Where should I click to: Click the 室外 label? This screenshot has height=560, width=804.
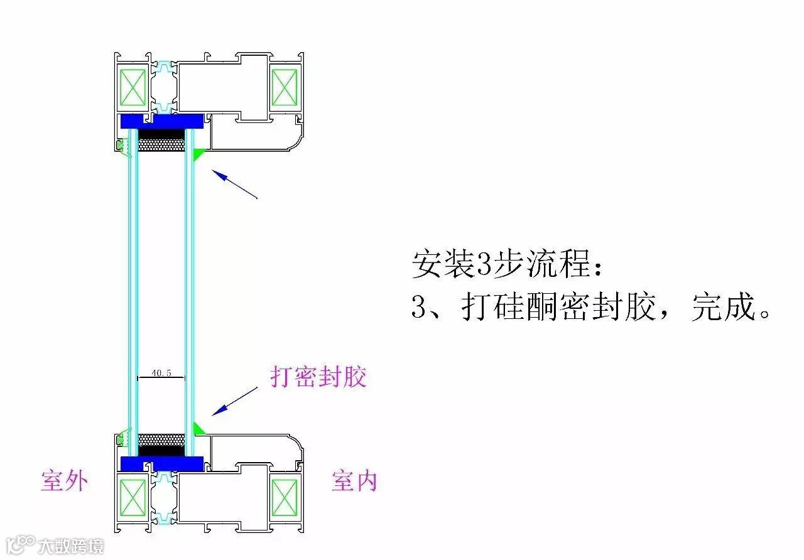point(64,481)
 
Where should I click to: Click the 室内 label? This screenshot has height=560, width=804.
point(354,481)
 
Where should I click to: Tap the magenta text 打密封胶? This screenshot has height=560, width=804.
point(318,377)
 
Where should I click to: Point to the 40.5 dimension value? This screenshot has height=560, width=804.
point(161,373)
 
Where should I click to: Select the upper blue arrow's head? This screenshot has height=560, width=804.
point(217,173)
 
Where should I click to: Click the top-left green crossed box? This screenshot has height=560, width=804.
point(133,87)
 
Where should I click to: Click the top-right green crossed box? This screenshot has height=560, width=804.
point(284,87)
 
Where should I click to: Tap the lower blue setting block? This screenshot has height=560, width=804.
point(162,463)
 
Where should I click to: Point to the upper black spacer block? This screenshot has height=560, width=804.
point(161,134)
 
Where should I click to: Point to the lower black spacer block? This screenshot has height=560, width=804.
point(161,450)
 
